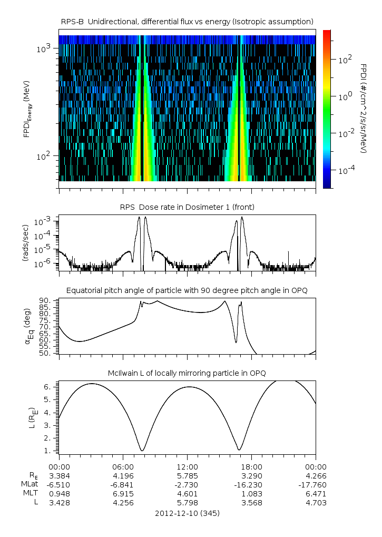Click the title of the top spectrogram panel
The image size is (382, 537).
pos(187,21)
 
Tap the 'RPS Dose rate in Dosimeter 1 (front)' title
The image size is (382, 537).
pos(187,207)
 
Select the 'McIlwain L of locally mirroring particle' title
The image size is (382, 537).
pos(187,374)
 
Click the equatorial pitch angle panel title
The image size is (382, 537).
pos(187,290)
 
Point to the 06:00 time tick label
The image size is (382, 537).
pos(123,466)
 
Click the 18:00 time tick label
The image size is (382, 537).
pos(251,466)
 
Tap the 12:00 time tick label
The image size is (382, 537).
pos(187,466)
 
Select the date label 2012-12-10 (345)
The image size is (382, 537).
pos(187,513)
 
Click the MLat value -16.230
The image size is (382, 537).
pos(251,484)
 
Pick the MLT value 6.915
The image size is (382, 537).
pos(123,493)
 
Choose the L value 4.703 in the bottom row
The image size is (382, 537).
pos(316,502)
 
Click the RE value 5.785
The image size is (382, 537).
pos(187,475)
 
